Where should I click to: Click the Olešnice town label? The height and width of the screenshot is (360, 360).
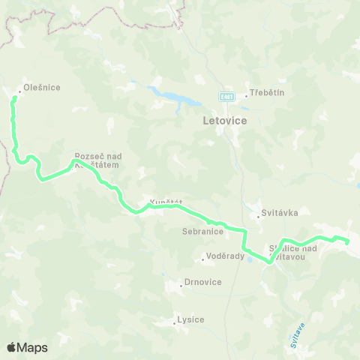41,88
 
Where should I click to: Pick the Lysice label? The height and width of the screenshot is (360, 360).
190,319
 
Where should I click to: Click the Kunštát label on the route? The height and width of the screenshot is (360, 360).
166,202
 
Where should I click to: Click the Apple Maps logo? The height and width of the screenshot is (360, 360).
27,347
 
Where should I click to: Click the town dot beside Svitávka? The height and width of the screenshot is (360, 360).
258,217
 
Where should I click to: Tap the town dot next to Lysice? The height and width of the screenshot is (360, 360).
175,324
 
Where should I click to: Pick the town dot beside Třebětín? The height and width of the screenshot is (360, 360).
245,96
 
